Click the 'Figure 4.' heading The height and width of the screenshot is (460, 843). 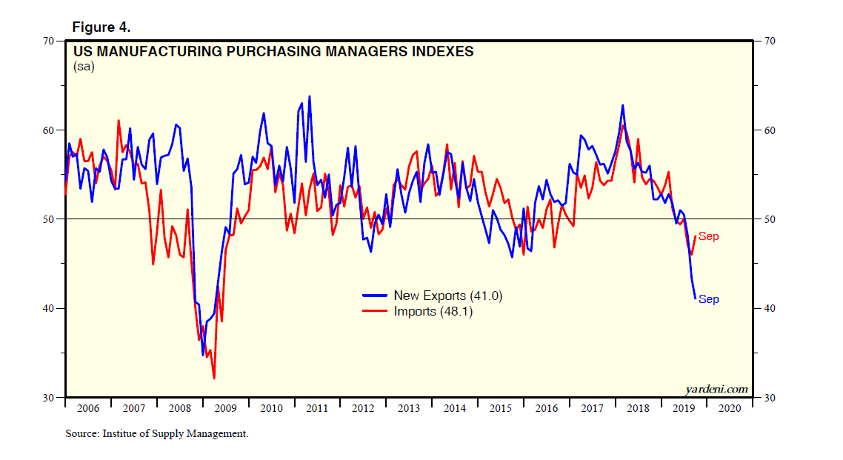pos(101,27)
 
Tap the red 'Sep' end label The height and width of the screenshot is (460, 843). pos(709,236)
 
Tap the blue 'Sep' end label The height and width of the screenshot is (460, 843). pos(709,299)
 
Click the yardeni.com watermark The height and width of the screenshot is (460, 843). pos(717,389)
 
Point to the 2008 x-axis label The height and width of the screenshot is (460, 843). pos(179,408)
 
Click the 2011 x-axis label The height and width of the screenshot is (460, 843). pos(317,408)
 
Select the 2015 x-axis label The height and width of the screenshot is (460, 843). pos(500,408)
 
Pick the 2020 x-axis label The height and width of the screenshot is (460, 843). pos(729,408)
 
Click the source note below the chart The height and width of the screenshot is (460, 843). pos(156,434)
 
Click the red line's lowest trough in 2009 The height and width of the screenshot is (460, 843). pos(214,379)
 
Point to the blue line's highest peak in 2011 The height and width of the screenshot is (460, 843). pos(309,96)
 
